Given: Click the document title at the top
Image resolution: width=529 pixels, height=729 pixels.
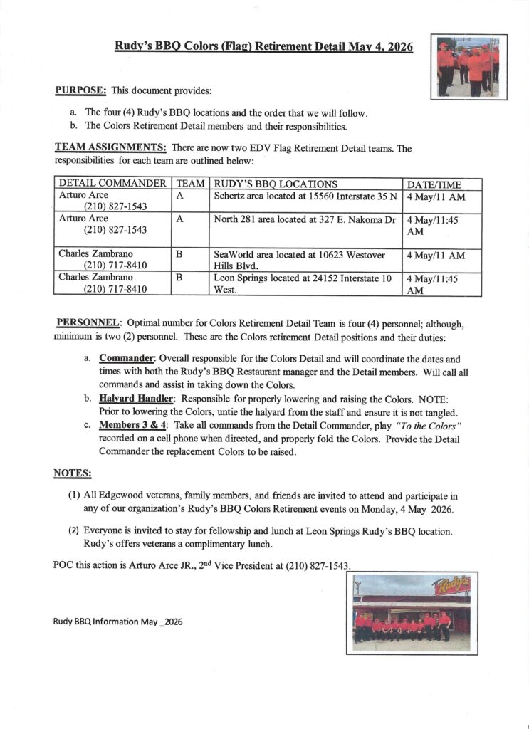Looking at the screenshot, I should pyautogui.click(x=264, y=47).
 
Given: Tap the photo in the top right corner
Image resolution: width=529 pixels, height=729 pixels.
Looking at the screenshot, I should pyautogui.click(x=468, y=66).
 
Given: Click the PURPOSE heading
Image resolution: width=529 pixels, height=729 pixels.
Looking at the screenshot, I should pyautogui.click(x=81, y=91).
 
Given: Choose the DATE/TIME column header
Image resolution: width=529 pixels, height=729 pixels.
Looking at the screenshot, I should pyautogui.click(x=433, y=184).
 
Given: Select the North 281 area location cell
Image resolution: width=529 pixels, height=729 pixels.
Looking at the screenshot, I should pyautogui.click(x=305, y=220).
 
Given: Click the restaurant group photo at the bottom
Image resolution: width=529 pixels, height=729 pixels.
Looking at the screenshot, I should pyautogui.click(x=412, y=612).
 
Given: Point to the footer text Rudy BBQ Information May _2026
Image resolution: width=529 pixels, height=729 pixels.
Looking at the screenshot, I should pyautogui.click(x=118, y=621).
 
